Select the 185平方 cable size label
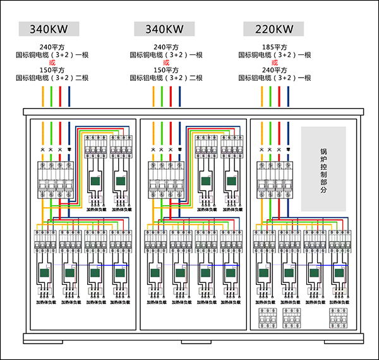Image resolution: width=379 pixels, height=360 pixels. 275,47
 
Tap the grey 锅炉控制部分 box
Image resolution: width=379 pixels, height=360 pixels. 323,169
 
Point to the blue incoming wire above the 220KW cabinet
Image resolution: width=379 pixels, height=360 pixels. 288,97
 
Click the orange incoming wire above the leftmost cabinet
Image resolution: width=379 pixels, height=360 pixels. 43,97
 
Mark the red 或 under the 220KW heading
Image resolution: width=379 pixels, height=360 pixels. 275,63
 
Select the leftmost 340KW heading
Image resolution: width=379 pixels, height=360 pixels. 49,29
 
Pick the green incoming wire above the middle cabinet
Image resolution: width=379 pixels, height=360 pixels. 162,97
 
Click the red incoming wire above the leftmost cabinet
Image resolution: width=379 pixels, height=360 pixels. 61,97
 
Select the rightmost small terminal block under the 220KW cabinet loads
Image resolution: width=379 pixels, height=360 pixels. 339,318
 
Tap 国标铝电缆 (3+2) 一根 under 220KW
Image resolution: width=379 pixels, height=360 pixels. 275,78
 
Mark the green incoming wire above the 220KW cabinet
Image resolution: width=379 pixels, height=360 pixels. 270,97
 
